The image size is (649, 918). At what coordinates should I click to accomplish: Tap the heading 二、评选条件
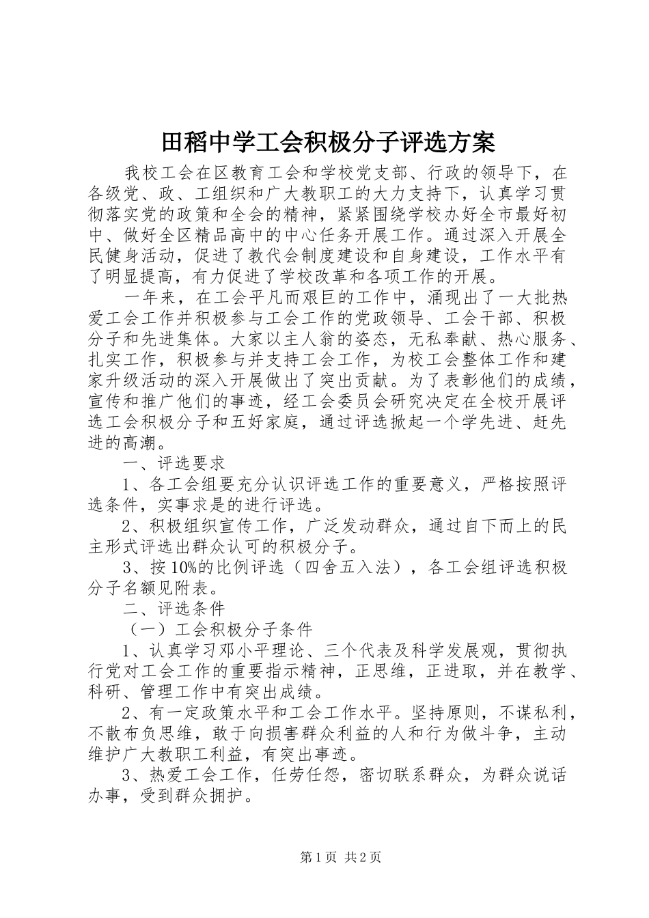click(174, 607)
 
